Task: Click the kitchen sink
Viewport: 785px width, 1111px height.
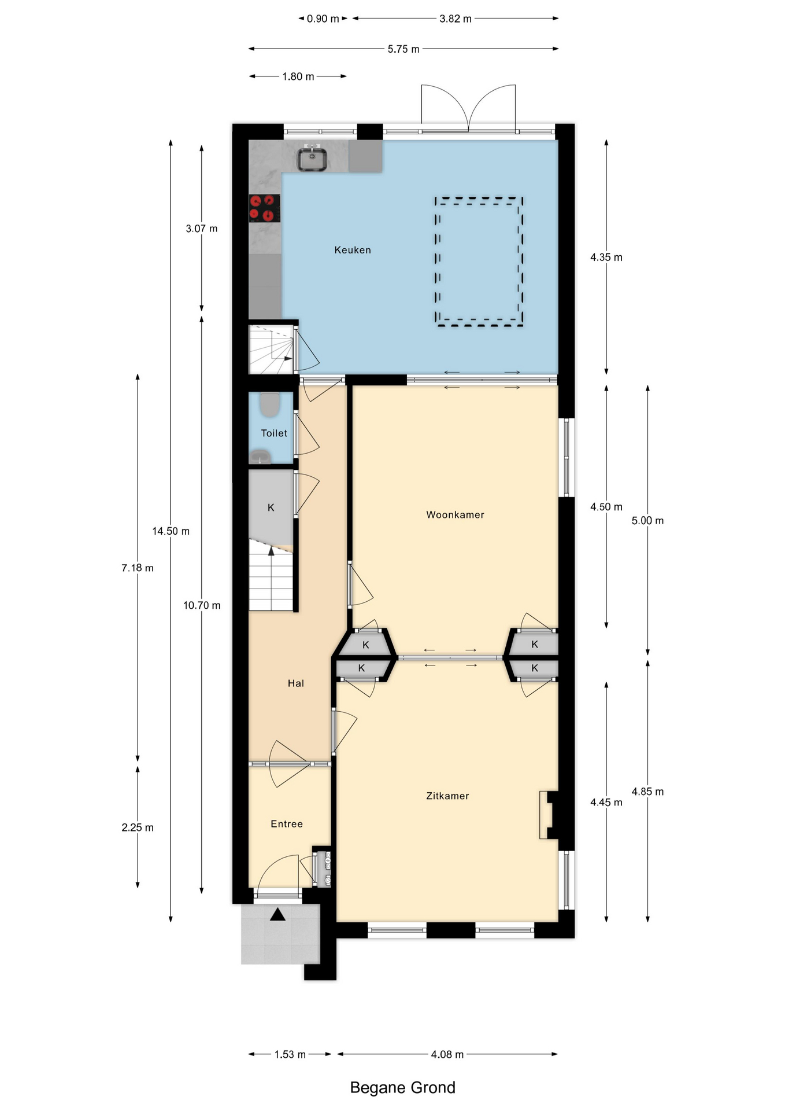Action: pos(312,159)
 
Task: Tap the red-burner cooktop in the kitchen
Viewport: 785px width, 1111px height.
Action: pos(265,208)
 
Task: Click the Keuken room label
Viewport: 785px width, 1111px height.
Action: pos(353,250)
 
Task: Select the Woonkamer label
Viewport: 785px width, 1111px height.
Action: pos(455,514)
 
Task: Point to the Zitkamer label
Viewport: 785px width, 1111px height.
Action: pos(447,796)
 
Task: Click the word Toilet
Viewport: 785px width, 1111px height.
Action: pos(274,433)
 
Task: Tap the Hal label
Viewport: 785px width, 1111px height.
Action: pos(296,683)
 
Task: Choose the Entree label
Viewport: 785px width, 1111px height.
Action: pos(287,824)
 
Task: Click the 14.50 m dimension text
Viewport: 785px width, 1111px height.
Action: pos(171,531)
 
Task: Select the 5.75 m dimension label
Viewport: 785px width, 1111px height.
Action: pos(403,49)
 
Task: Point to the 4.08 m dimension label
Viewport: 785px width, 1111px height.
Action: pos(447,1054)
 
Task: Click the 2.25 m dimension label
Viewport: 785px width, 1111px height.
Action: pos(138,827)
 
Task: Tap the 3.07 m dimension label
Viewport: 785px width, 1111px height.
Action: pos(202,229)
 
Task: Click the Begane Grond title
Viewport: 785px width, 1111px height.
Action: pos(403,1087)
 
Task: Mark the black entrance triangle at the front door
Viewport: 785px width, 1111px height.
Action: pos(278,914)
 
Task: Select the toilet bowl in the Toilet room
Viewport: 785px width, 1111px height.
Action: pos(269,404)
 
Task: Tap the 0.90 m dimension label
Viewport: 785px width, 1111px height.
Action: pos(323,19)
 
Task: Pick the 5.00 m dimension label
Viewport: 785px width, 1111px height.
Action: pos(647,520)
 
